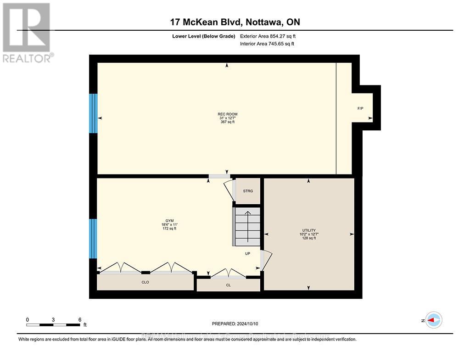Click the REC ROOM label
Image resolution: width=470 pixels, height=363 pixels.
(x=228, y=114)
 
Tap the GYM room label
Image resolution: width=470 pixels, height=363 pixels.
(x=169, y=221)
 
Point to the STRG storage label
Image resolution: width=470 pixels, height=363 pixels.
(x=248, y=191)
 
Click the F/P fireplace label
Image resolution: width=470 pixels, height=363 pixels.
(x=361, y=109)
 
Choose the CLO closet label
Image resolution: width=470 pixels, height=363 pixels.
(x=146, y=282)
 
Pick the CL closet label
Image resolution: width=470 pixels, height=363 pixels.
(x=228, y=285)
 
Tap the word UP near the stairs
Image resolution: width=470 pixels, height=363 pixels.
(x=247, y=253)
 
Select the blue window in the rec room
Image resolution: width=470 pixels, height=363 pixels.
(x=93, y=113)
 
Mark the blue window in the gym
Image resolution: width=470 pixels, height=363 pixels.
(x=93, y=239)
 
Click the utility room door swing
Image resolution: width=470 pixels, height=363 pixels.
(x=267, y=260)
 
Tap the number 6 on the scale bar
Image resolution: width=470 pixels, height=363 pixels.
(x=79, y=319)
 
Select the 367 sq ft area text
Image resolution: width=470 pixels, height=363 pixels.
(x=228, y=122)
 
